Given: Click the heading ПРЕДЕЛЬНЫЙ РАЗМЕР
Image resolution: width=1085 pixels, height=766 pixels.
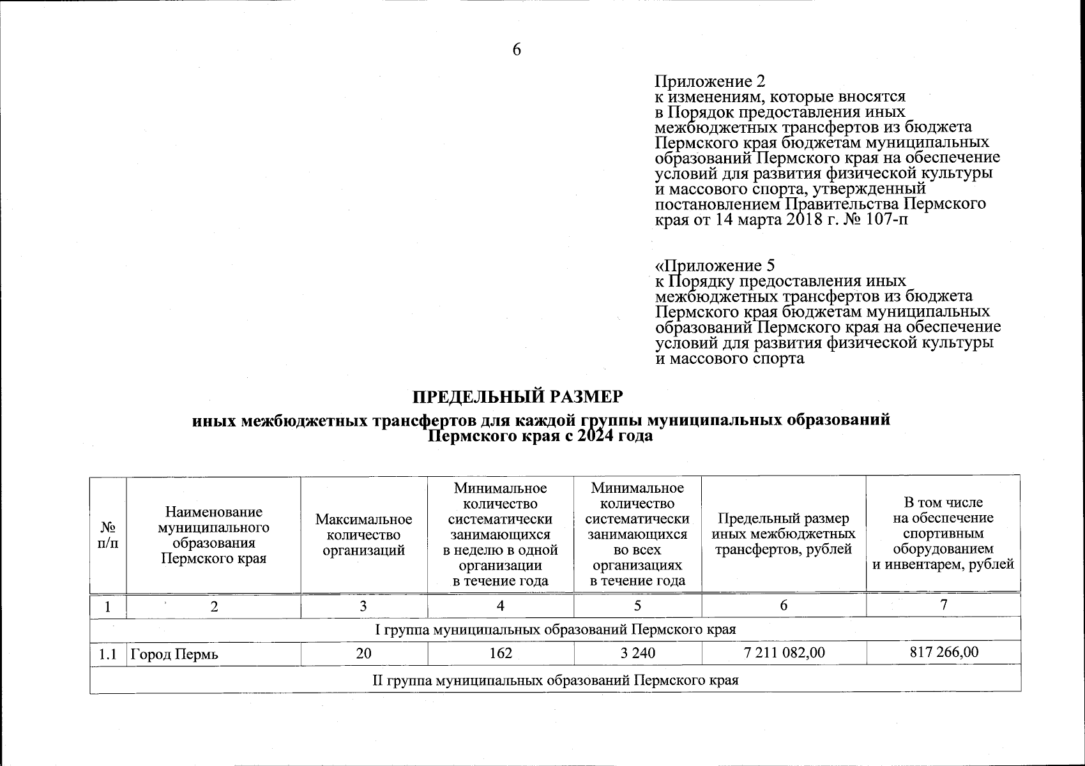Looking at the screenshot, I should pos(517,397).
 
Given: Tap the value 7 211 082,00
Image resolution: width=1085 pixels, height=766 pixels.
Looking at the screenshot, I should pos(784,652).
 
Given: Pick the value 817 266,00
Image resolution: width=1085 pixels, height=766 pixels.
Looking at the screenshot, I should pos(943,652).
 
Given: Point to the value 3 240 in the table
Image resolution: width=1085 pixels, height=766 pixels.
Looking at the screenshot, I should pos(637,653).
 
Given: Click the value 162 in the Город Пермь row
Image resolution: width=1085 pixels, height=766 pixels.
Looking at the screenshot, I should pos(501,653).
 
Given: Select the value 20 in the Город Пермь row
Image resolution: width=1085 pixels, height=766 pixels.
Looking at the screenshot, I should pos(364,653).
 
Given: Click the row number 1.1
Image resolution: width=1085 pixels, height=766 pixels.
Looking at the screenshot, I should pos(108,654).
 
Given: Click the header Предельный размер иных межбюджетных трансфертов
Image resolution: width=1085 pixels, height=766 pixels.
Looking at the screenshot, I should pos(784,534).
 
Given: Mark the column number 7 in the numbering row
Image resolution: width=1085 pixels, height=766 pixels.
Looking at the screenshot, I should pos(943,605).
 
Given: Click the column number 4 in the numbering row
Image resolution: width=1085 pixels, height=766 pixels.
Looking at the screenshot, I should pos(501,606).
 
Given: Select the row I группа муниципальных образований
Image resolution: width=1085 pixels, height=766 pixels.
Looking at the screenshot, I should pos(555,629).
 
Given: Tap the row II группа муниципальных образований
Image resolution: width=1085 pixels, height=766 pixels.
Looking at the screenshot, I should pos(555,680).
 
